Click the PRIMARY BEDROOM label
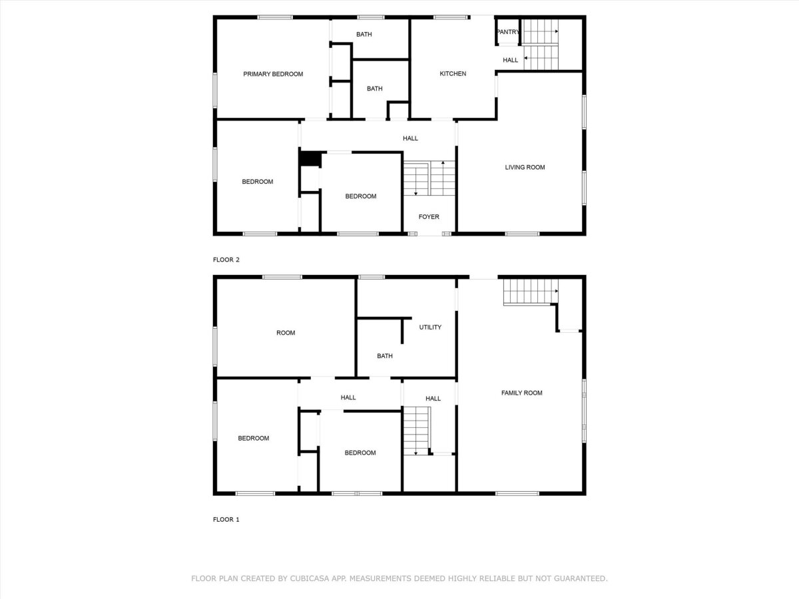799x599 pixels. pos(273,74)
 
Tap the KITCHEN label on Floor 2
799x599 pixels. pos(453,74)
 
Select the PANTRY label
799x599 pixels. pos(508,32)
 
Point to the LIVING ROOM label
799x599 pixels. pos(525,167)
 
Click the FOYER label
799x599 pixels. pos(429,217)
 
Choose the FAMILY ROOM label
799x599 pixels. pos(521,393)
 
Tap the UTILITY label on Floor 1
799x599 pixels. pos(430,327)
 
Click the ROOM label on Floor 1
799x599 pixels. pos(286,333)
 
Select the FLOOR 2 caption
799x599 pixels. pos(226,260)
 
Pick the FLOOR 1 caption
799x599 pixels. pos(226,519)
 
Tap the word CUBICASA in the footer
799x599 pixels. pos(309,578)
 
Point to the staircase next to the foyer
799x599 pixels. pos(429,178)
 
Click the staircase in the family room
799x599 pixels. pos(531,292)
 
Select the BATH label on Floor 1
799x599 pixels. pos(385,356)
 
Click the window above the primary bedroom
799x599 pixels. pos(275,17)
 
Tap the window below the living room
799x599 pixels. pos(523,234)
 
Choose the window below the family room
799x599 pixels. pos(517,494)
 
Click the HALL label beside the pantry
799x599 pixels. pos(510,61)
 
